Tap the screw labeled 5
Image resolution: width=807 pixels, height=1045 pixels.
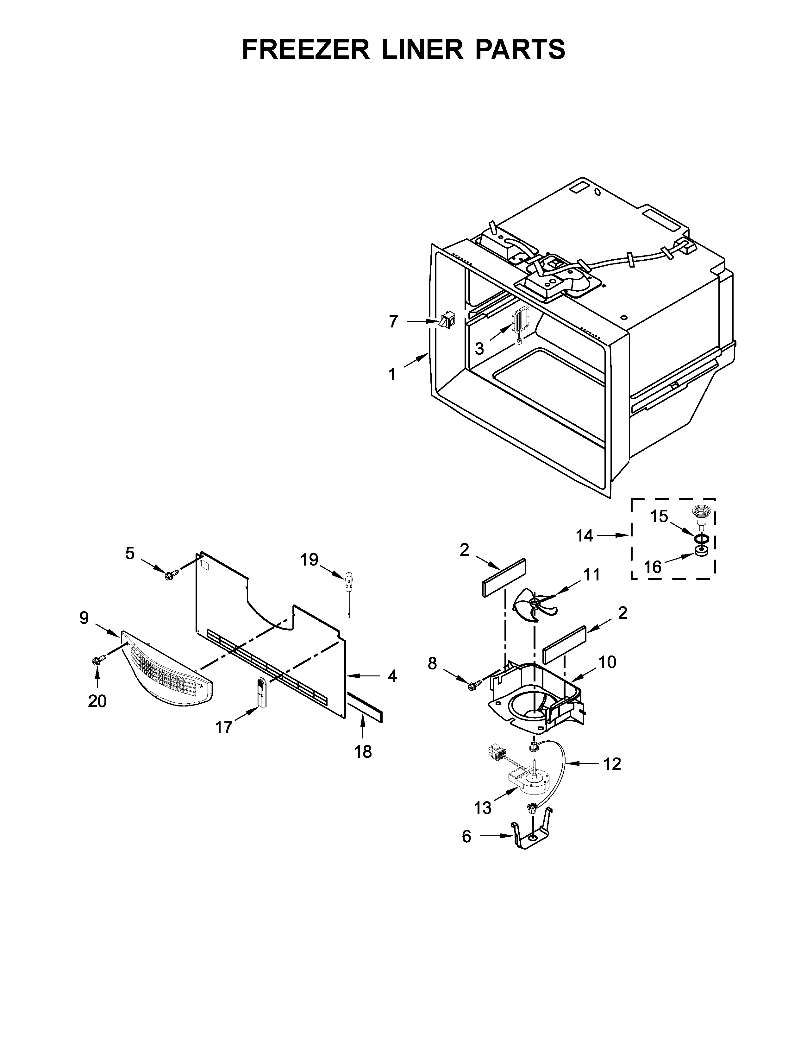pos(171,574)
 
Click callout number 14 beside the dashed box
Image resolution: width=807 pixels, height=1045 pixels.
pos(584,535)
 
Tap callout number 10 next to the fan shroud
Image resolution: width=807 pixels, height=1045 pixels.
pos(607,662)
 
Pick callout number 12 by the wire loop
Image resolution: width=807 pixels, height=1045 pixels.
pos(612,764)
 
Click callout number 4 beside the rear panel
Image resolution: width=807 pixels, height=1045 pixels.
pos(392,676)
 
